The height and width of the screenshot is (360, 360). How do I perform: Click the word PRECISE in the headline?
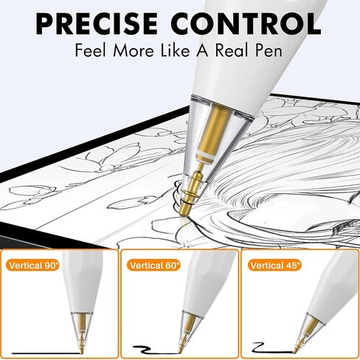coord(97,24)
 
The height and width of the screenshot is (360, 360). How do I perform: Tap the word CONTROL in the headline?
coord(246,24)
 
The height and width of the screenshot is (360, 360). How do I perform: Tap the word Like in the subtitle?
coord(176,50)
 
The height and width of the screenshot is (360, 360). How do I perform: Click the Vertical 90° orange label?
coord(34,266)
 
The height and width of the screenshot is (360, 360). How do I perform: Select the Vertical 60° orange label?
coord(153,266)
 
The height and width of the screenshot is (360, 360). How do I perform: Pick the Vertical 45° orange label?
coord(274,266)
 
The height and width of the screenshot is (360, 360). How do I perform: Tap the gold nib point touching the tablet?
coord(184,215)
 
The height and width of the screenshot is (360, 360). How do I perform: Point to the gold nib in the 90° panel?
coord(80,345)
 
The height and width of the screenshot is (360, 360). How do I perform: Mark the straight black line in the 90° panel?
coord(46,353)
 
